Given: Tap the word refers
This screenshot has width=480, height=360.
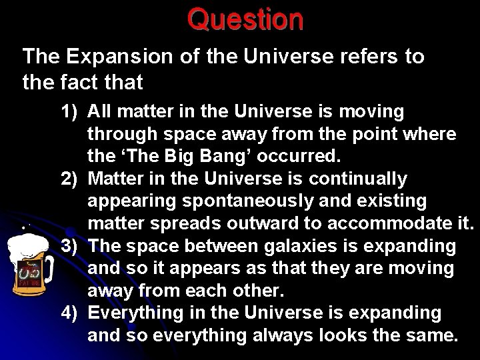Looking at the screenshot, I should tap(363, 57).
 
